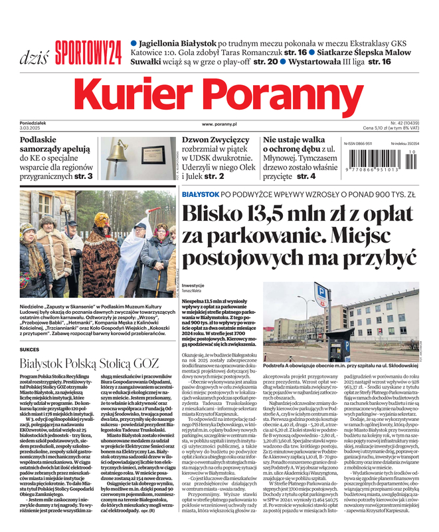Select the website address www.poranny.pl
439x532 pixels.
point(219,124)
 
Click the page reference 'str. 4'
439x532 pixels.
point(306,176)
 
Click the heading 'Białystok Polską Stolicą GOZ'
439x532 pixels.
point(89,363)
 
